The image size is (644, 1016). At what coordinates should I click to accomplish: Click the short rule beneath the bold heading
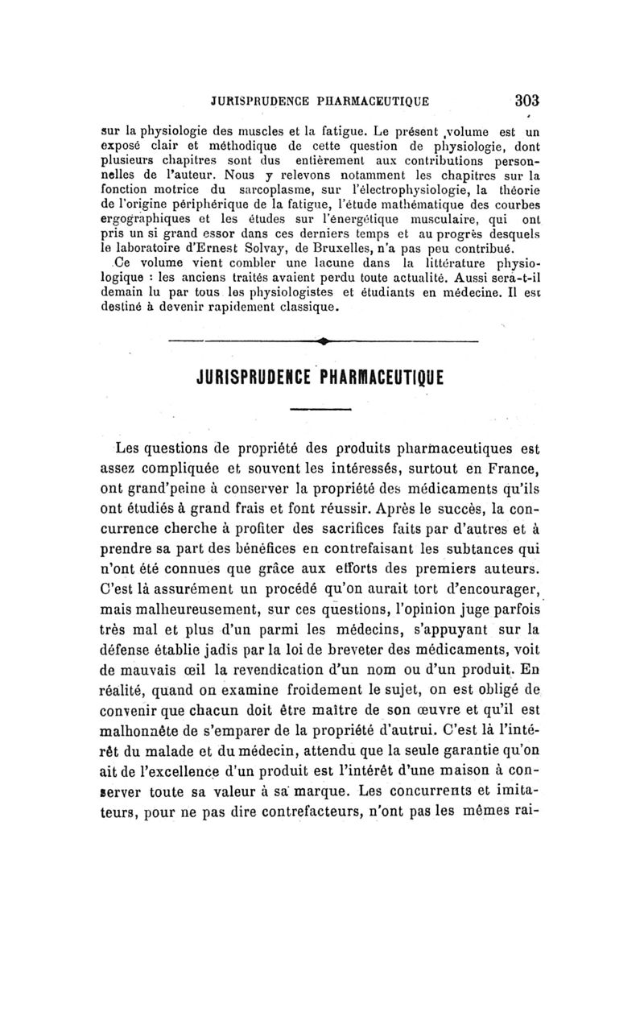coord(322,410)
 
